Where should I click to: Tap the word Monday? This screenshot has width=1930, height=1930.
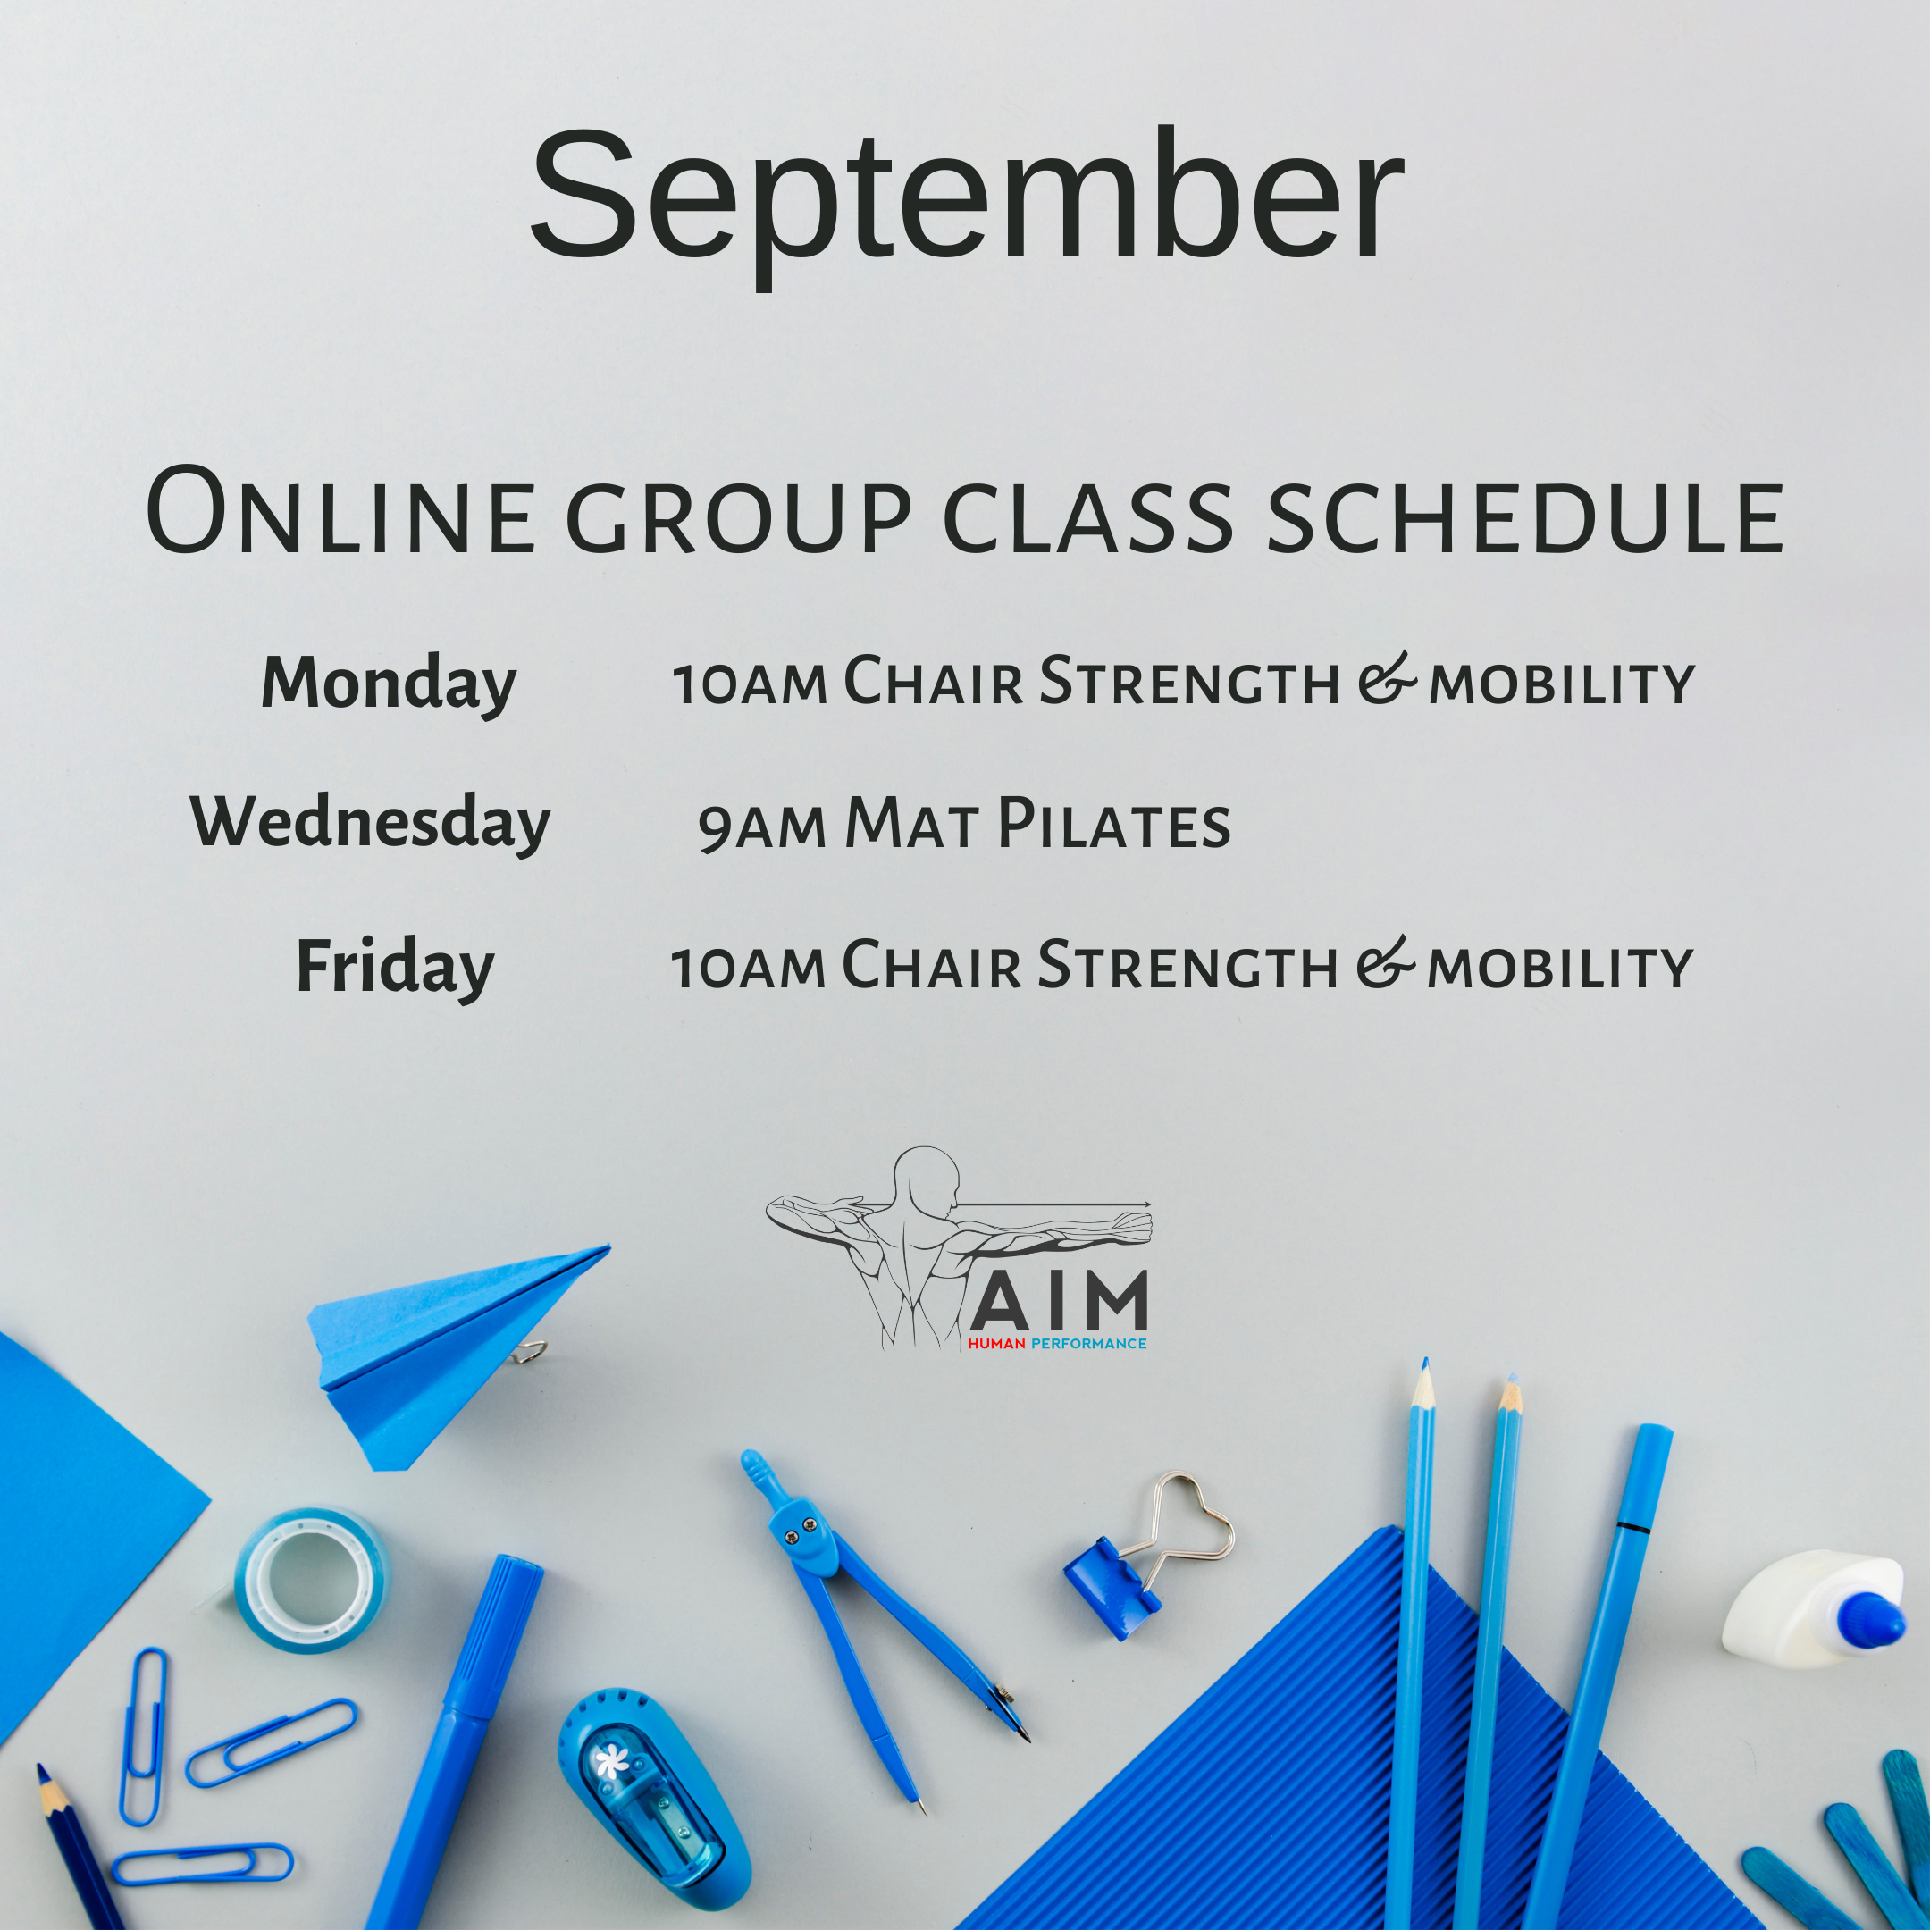pos(389,685)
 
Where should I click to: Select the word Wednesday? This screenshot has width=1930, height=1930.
pos(371,824)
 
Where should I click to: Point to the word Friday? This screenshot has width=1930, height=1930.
pos(396,968)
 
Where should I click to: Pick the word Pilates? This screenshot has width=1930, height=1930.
pos(1114,824)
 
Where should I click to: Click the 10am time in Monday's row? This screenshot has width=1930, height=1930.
pos(750,685)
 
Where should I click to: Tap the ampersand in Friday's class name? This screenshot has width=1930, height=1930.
pos(1386,963)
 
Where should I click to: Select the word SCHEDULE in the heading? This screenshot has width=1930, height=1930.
pos(1524,517)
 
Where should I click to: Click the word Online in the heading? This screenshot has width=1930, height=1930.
pos(340,513)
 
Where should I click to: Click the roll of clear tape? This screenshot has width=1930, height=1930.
pos(312,1582)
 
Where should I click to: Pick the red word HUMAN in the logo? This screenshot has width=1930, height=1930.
pos(996,1344)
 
